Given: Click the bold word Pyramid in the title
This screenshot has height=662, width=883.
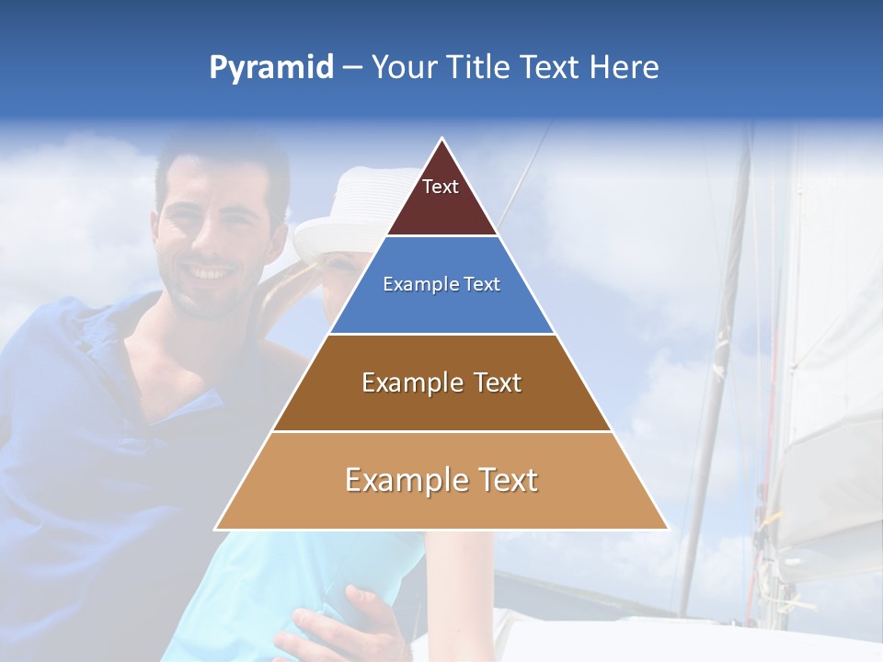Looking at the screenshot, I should point(271,68).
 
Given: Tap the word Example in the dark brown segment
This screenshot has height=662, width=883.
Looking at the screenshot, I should point(399,382).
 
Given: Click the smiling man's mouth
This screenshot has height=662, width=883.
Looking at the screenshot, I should point(210,273).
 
